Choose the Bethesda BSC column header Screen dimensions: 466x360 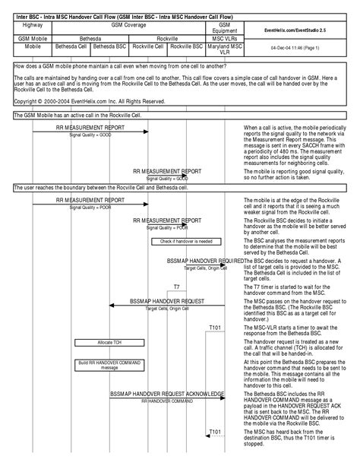109,46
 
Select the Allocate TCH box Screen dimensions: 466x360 109,343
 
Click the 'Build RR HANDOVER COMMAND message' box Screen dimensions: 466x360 109,365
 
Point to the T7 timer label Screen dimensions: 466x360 176,287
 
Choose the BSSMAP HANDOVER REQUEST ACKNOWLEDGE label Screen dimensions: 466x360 167,394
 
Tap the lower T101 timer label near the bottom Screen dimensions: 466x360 216,432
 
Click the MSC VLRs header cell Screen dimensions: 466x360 224,36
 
